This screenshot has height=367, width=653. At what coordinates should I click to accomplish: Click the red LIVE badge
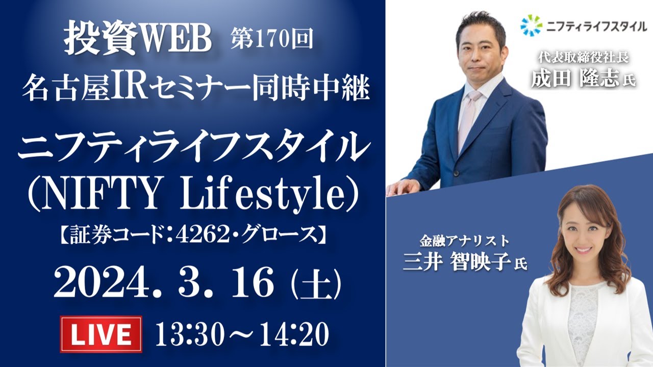[x=101, y=334]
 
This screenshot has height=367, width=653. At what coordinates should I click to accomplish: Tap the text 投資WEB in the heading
[x=138, y=41]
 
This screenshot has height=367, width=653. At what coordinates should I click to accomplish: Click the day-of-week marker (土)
[x=316, y=284]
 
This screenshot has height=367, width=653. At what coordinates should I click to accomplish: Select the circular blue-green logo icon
[x=532, y=25]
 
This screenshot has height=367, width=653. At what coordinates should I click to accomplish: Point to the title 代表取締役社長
[x=583, y=58]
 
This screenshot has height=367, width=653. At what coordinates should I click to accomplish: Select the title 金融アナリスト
[x=464, y=241]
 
